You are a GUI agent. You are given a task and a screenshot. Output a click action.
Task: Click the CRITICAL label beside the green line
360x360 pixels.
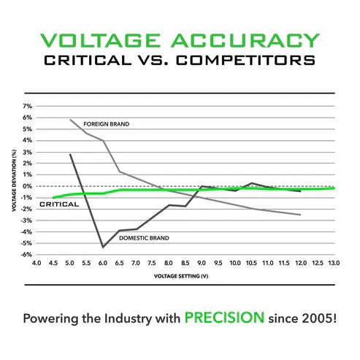(x=58, y=204)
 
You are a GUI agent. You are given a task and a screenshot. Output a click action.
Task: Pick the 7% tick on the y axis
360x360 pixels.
(x=28, y=107)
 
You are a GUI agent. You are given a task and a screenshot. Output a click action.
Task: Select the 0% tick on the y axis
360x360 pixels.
(x=28, y=186)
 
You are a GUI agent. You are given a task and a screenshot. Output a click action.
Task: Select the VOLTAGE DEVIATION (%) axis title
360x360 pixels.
(x=14, y=181)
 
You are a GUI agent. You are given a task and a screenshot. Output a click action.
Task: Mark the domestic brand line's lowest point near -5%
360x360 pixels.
(x=103, y=247)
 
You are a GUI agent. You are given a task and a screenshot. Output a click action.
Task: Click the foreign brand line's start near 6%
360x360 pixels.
(x=70, y=120)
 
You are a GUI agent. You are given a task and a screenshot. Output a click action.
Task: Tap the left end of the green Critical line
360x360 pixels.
(x=53, y=198)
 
